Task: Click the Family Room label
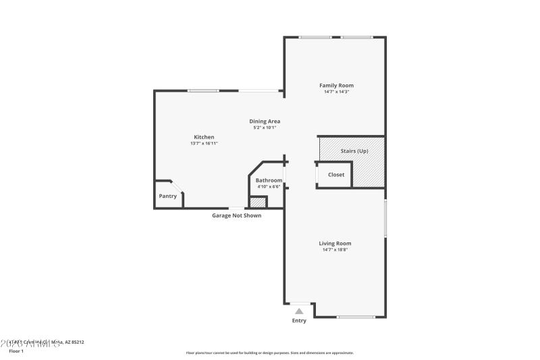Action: point(336,85)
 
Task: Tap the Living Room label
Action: point(335,243)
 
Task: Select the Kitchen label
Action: point(204,137)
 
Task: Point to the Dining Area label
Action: point(265,121)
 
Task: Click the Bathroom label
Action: point(268,180)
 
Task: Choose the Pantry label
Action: point(167,196)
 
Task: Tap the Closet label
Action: point(336,174)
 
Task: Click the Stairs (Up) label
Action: point(354,151)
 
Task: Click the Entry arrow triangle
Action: point(298,311)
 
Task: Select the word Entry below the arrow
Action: point(298,321)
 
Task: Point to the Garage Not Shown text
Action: point(236,215)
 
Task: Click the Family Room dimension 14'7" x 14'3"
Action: point(336,92)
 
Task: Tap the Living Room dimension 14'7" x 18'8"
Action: point(335,250)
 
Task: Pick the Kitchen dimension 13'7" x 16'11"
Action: point(204,143)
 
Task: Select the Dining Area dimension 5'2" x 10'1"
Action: point(265,127)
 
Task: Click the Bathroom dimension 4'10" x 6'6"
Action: point(268,186)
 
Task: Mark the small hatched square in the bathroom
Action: point(258,202)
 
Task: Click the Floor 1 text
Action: point(16,351)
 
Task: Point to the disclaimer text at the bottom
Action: point(269,353)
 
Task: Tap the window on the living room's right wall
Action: point(385,217)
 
